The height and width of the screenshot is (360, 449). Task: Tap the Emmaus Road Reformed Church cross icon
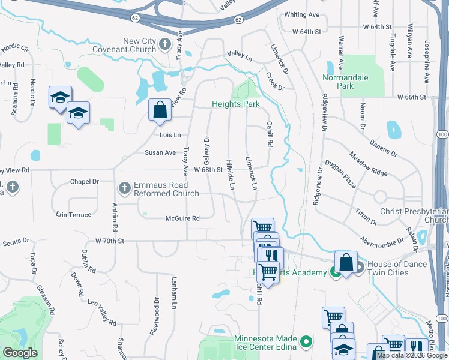(125, 189)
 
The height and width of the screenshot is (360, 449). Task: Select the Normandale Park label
(346, 82)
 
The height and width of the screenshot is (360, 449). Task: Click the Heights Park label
(235, 104)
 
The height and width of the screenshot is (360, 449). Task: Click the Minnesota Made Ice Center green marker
(307, 342)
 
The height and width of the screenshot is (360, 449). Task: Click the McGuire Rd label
(182, 218)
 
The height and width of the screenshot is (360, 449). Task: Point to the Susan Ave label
(160, 152)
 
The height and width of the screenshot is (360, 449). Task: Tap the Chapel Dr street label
(84, 181)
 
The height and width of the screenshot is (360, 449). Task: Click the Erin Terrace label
(74, 214)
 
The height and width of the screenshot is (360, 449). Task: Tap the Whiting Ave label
(302, 14)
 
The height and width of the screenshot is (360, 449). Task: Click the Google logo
(20, 353)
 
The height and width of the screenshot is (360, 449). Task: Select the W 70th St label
(109, 241)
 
